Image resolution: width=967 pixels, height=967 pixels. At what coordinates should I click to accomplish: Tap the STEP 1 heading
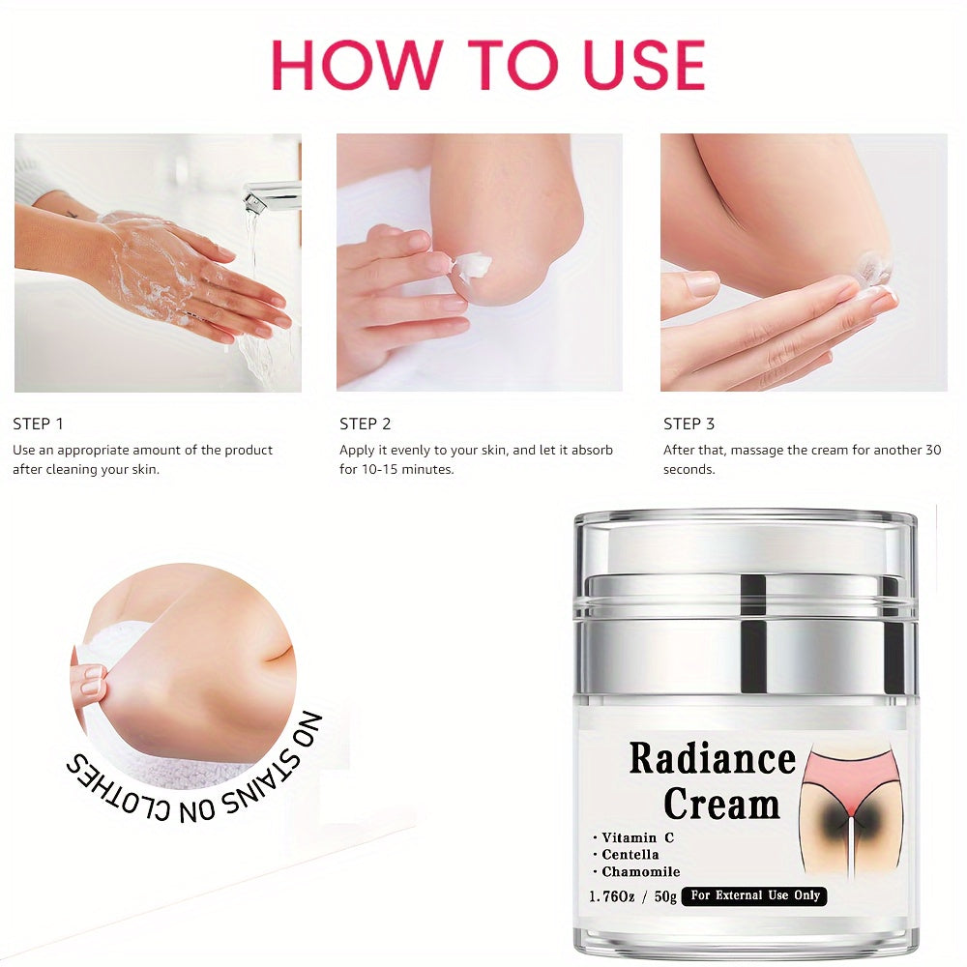click(x=38, y=424)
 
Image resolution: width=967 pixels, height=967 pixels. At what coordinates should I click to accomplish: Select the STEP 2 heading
click(x=365, y=424)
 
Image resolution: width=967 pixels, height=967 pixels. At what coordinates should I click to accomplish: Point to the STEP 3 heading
click(x=689, y=424)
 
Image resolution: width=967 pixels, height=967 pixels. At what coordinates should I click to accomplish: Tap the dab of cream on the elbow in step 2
click(x=472, y=264)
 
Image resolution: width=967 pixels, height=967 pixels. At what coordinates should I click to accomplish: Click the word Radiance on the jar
click(x=712, y=759)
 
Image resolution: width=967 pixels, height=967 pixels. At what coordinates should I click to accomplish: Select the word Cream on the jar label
click(x=721, y=804)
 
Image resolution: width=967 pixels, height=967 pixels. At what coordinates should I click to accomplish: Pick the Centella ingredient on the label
click(x=630, y=854)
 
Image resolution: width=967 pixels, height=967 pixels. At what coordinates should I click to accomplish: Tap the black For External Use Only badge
click(x=754, y=895)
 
